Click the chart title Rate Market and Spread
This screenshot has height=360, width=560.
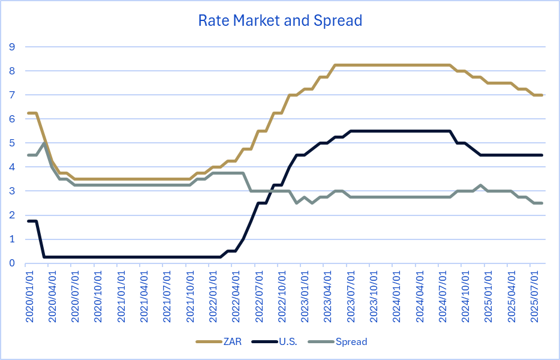[x=280, y=20]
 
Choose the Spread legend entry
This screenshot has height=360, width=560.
[x=351, y=342]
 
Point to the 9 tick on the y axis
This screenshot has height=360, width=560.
[x=11, y=47]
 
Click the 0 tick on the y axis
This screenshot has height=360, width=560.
[x=11, y=263]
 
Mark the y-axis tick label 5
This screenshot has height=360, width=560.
[x=11, y=143]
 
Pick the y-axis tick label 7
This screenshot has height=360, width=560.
[x=11, y=95]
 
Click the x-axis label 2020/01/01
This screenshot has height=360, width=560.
[x=29, y=297]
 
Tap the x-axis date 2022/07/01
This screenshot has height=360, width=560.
[x=259, y=297]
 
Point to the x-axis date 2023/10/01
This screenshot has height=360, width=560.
[x=374, y=297]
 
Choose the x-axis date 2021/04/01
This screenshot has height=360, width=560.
[x=144, y=297]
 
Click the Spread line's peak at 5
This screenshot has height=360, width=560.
[x=44, y=143]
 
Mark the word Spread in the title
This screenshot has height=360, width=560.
[x=338, y=20]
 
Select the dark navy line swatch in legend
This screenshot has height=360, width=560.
[x=264, y=342]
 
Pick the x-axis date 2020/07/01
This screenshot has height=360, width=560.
[x=76, y=297]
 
